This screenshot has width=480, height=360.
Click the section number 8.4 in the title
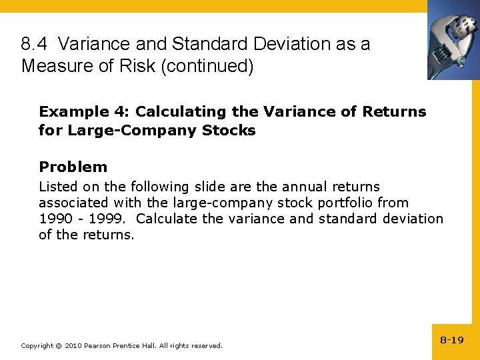[34, 45]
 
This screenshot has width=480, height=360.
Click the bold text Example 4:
[84, 112]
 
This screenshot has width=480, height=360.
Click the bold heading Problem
[73, 167]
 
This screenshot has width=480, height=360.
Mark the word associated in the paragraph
[73, 203]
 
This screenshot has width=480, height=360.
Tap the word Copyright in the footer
[37, 345]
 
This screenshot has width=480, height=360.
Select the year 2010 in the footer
[73, 345]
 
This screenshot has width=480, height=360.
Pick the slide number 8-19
[452, 340]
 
